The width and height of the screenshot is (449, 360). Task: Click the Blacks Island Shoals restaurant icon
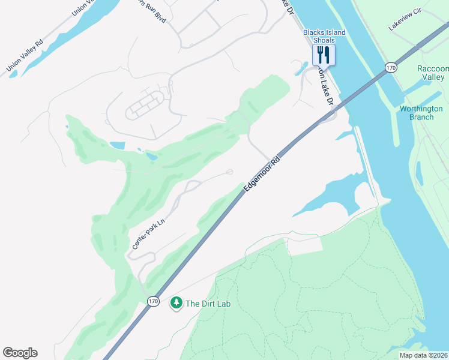point(324,55)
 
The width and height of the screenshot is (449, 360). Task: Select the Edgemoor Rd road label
point(262,175)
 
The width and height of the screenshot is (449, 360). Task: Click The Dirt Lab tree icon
point(176,304)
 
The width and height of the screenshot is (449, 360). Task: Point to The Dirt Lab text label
point(208,304)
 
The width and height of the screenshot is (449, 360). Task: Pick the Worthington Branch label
point(421,113)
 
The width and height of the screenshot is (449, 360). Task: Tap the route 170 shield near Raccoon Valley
point(391,68)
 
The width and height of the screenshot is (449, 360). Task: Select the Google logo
point(20,353)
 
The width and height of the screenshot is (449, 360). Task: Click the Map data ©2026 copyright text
point(423,355)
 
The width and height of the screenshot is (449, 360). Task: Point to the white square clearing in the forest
point(304,245)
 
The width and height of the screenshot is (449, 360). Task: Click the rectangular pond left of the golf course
point(118,145)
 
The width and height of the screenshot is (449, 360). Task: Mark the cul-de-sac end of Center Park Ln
point(230,172)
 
